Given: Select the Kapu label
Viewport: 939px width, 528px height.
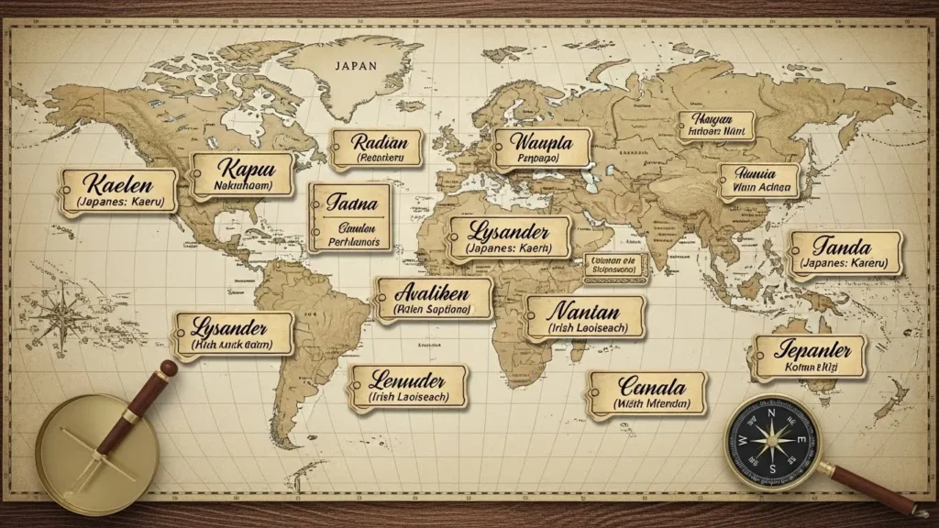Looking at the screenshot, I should (243, 174).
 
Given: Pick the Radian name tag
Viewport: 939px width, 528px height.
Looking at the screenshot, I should (375, 148).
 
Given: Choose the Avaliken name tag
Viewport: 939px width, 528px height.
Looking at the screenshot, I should (432, 300).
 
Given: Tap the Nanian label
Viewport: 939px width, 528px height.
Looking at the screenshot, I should (584, 317).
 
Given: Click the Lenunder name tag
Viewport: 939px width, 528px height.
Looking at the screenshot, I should (406, 387).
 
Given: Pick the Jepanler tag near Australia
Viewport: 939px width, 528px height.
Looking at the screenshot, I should (809, 356).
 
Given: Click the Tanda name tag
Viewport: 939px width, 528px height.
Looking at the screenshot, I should (845, 253).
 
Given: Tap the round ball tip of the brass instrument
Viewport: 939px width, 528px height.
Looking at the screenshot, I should (168, 368).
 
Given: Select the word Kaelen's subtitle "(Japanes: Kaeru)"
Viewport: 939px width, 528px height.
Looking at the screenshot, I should (118, 202).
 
